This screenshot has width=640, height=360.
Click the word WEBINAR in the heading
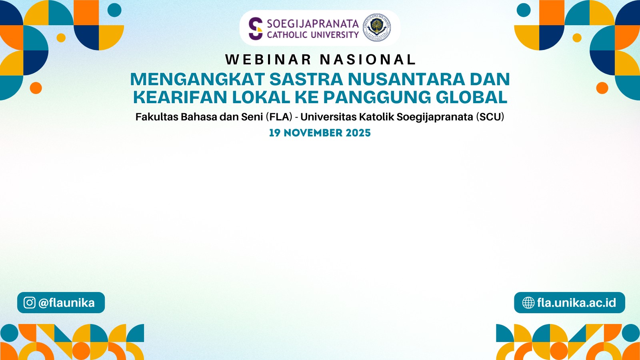pos(268,60)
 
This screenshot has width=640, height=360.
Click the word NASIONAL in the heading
pos(368,60)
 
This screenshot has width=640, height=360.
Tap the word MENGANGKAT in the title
pos(198,79)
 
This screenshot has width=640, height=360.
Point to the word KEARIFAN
pos(180,97)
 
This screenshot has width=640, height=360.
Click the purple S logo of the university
pos(256,28)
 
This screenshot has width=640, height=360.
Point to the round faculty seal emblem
pos(377,28)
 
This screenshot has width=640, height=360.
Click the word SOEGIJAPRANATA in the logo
pos(313,24)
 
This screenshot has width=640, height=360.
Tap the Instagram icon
pos(30,302)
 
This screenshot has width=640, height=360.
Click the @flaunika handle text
pos(66,303)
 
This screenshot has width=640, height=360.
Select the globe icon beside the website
pos(528,302)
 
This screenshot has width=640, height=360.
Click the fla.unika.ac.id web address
pos(576,302)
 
